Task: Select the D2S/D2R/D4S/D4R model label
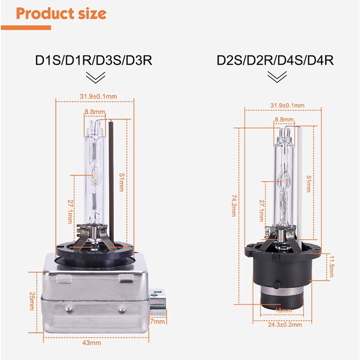point(275,60)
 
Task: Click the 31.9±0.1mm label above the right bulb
point(287,105)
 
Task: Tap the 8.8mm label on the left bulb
point(95,112)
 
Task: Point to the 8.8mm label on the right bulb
point(284,120)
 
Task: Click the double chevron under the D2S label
point(277,78)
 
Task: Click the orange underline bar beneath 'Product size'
point(26,27)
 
